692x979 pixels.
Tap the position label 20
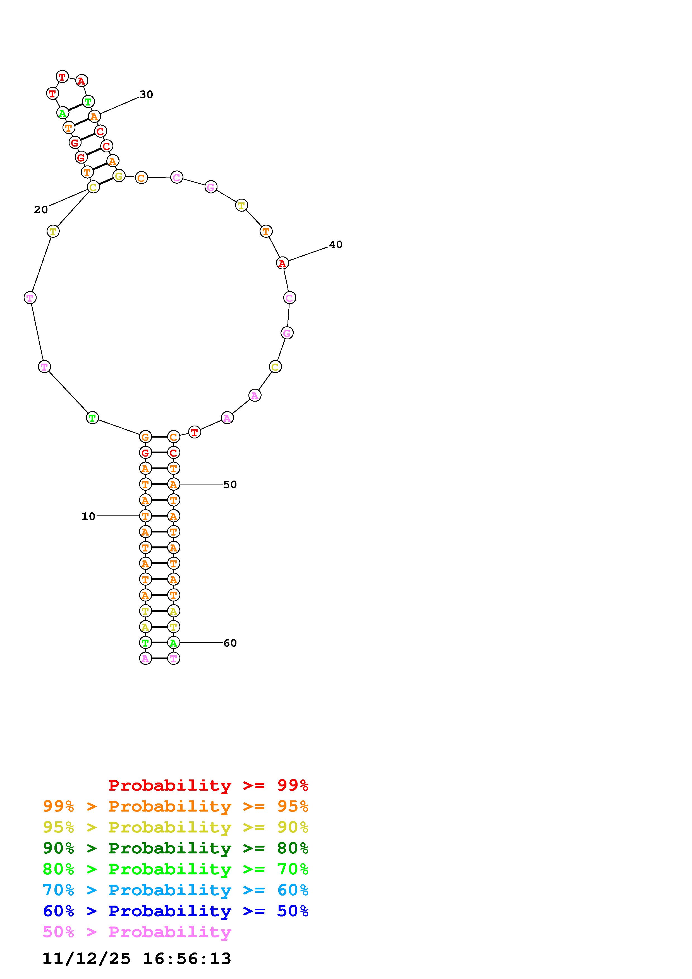(41, 210)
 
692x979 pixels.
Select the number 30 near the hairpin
(146, 95)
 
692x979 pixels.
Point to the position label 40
(336, 245)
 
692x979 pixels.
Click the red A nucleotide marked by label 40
(282, 263)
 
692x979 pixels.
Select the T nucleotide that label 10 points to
(145, 516)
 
